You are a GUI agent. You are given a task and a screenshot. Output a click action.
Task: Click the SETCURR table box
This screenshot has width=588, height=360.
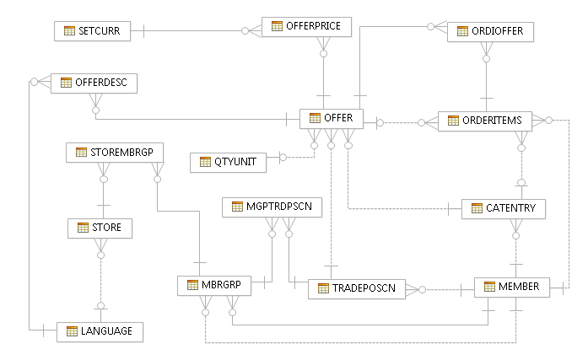(92, 31)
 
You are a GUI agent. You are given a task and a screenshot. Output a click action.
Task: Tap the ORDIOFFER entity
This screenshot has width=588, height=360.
(490, 31)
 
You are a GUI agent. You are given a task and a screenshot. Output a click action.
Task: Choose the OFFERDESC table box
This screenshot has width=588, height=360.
(94, 83)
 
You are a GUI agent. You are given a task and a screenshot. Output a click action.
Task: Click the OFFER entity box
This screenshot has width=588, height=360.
(332, 119)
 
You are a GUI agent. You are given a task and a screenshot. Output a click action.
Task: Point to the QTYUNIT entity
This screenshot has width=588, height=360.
(228, 161)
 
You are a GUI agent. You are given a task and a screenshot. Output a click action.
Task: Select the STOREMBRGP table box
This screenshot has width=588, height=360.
(115, 153)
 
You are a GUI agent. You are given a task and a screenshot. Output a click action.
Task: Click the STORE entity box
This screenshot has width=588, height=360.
(100, 228)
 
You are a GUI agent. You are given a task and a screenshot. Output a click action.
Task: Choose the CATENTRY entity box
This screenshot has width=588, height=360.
(504, 208)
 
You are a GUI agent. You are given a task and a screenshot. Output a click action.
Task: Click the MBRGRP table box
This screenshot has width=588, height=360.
(215, 285)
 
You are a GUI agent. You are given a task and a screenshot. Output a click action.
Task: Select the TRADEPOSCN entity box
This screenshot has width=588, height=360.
(357, 288)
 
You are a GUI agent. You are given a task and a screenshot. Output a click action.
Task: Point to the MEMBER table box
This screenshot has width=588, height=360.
(512, 287)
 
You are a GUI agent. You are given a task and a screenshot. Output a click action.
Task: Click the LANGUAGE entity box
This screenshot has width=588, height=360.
(100, 331)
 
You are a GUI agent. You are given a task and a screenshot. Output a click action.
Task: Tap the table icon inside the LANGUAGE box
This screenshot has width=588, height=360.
(72, 331)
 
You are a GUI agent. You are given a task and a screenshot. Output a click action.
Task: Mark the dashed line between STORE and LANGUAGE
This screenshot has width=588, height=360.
(100, 278)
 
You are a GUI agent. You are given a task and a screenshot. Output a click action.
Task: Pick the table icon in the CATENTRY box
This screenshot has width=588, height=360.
(477, 208)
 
